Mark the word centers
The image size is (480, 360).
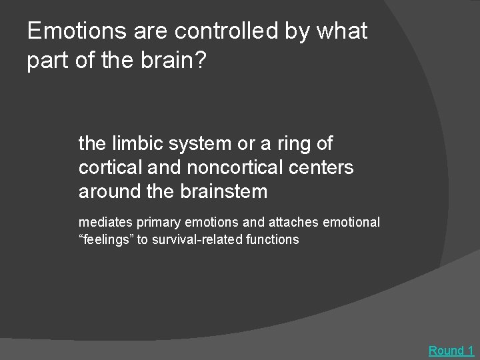pyautogui.click(x=321, y=167)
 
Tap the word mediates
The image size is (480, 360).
pyautogui.click(x=104, y=223)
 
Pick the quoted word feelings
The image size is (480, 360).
pyautogui.click(x=107, y=239)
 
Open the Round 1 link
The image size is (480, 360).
pyautogui.click(x=451, y=351)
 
